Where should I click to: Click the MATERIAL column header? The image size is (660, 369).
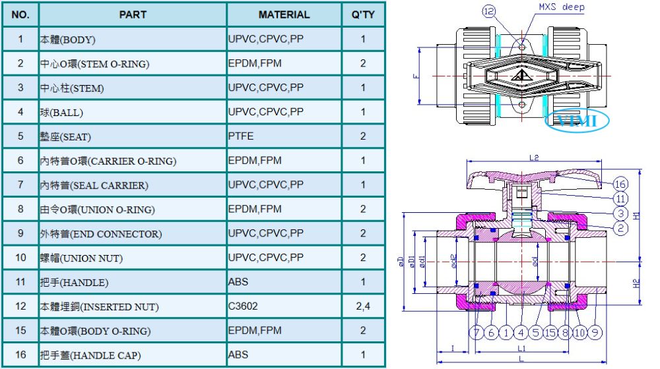point(284,14)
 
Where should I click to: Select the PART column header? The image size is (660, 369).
point(133,14)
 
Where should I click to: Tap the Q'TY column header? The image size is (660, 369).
point(363,14)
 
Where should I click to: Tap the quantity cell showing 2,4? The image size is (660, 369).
point(363,306)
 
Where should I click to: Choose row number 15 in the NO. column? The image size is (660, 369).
point(20,330)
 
